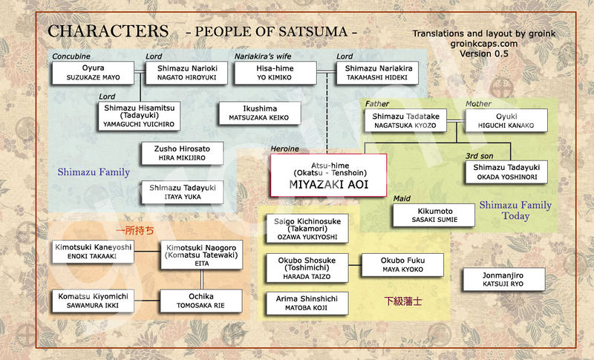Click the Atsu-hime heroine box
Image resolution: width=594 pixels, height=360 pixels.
coord(328,175)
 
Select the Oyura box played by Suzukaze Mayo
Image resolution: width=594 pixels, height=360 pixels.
coord(94,73)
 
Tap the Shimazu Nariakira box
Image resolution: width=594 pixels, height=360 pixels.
coord(378,73)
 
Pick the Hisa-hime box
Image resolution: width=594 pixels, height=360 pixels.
coord(275,73)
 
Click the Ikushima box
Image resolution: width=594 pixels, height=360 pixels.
coord(260,113)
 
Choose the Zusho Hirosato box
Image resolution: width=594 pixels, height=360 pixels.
coord(182,154)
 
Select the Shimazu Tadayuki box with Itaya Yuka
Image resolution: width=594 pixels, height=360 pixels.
coord(182,192)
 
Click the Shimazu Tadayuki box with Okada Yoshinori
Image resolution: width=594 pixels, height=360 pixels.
coord(506,172)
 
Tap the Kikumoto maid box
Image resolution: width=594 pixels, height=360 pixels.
coord(434,215)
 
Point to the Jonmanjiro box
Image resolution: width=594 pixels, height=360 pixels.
coord(504,279)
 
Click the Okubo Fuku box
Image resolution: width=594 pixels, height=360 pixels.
coord(402,264)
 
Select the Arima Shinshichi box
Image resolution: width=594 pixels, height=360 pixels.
coord(307,304)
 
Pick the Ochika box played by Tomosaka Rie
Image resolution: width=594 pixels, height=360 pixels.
coord(201,301)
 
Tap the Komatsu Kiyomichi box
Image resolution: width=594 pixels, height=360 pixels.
coord(94,301)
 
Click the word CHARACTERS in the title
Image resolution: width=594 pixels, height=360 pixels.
coord(108,31)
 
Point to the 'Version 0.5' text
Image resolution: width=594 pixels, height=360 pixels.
coord(484,53)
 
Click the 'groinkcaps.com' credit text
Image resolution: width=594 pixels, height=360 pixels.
coord(484,44)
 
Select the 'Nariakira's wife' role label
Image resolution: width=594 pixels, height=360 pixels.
coord(263,56)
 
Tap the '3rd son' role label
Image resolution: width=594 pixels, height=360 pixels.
coord(480,156)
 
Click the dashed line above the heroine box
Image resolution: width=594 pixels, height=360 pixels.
coord(327,113)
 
